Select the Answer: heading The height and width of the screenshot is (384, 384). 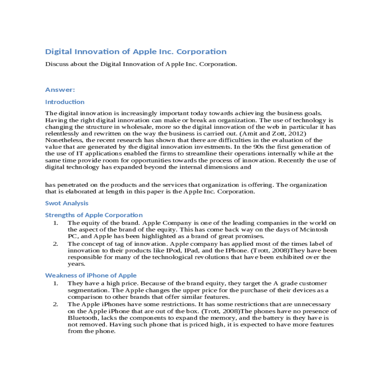point(60,90)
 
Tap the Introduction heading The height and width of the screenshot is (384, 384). point(65,102)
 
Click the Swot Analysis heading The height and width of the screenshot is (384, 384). point(67,203)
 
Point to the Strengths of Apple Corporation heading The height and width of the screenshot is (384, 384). point(94,215)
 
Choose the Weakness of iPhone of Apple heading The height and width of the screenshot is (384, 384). point(91,276)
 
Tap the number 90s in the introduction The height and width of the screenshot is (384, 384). point(258,147)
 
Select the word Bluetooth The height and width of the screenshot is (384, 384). point(82,318)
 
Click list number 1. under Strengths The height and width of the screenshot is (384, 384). point(56,223)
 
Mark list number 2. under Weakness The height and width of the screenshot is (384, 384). point(56,304)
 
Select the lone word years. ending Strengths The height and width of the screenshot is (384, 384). point(76,264)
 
